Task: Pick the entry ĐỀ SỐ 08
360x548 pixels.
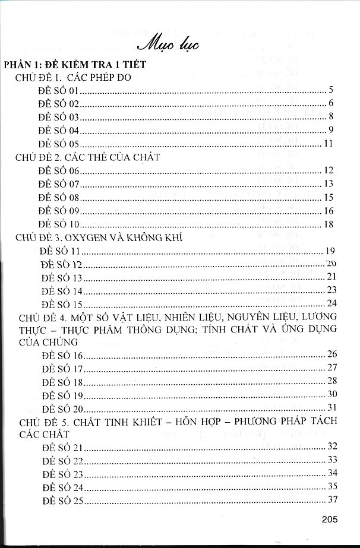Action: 59,197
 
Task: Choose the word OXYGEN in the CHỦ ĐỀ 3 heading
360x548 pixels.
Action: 87,237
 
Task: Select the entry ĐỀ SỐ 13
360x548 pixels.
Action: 62,277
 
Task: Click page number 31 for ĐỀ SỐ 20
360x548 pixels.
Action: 331,407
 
